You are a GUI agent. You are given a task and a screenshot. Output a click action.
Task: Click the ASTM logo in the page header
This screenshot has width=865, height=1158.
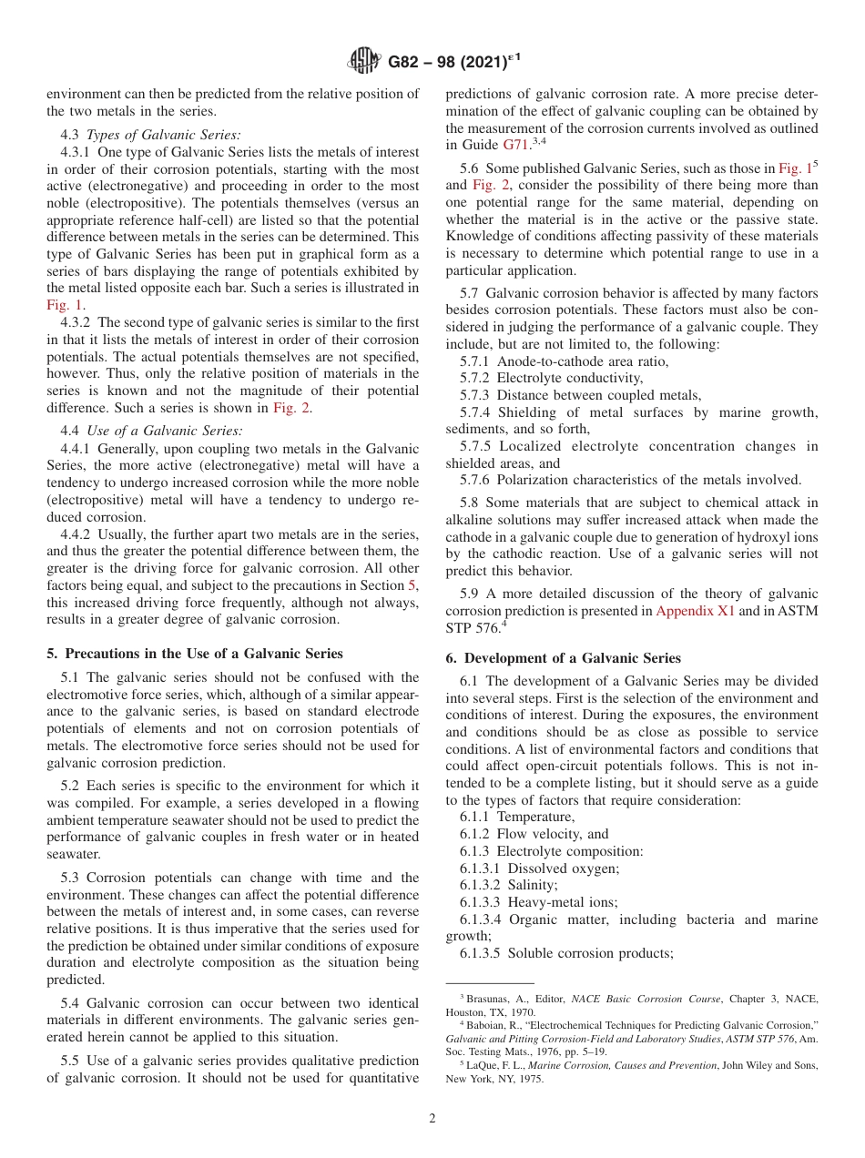(x=364, y=62)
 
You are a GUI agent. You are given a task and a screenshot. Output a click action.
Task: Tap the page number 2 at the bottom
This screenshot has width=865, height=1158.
(x=432, y=1119)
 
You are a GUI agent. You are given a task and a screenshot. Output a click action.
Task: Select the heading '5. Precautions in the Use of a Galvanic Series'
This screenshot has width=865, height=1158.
(x=195, y=654)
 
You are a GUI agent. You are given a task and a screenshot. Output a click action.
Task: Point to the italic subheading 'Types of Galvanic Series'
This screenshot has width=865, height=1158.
(x=164, y=135)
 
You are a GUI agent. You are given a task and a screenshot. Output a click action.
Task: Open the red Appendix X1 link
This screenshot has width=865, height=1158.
(x=695, y=611)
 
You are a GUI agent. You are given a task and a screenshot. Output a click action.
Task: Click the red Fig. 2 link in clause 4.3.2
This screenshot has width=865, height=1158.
(x=291, y=408)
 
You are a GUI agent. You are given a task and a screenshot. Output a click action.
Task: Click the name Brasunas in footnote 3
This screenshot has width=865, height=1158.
(x=493, y=999)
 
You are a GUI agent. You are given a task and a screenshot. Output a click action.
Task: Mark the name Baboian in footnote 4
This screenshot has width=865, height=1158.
(x=491, y=1025)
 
